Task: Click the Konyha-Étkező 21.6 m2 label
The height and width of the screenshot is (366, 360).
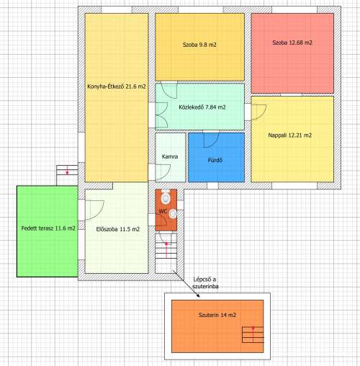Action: point(117,86)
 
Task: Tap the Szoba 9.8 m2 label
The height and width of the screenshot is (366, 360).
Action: point(199,45)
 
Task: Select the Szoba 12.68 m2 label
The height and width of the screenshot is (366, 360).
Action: point(292,43)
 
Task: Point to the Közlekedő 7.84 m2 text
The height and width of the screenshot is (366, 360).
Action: point(202,107)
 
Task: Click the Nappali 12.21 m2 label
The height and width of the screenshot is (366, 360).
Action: point(290,135)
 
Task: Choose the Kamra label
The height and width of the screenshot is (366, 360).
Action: point(170,157)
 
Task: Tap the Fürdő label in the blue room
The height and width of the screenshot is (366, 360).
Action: point(215,160)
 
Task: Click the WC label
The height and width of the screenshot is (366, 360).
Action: point(163,212)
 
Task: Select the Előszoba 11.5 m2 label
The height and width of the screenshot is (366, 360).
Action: point(118,229)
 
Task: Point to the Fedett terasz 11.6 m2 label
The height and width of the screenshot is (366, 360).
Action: point(48,228)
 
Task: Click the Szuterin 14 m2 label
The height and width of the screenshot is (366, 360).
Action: point(217,315)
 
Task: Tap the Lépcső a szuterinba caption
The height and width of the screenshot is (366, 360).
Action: point(205,283)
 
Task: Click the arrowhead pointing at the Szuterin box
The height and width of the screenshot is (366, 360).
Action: point(198,295)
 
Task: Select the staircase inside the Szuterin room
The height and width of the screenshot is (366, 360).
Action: point(253,334)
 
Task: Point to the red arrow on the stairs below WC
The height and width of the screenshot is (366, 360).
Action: point(166,250)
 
